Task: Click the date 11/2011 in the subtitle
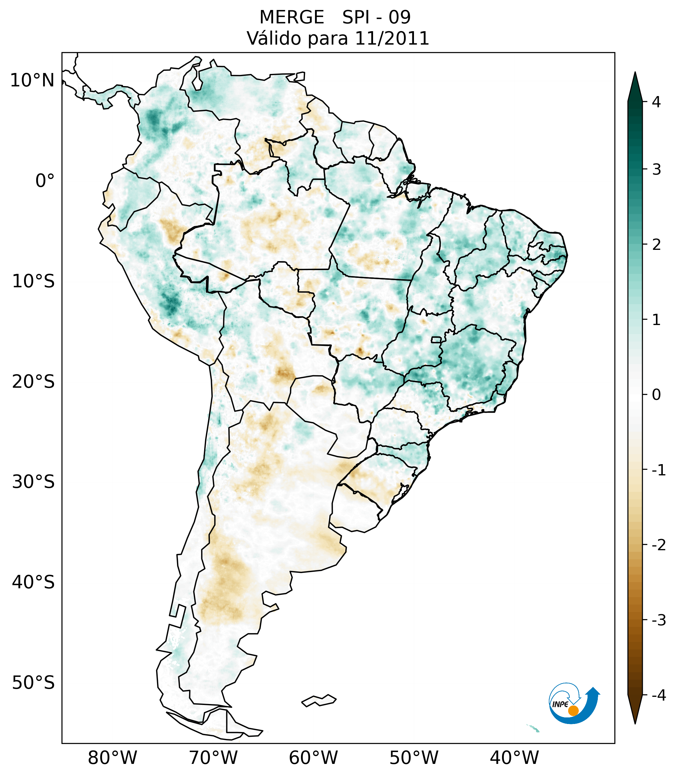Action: (392, 38)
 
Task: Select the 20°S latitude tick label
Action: (33, 382)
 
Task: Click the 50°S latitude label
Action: (33, 683)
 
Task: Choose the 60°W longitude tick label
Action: (313, 758)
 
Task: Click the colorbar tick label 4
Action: (656, 102)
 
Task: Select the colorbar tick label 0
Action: (656, 395)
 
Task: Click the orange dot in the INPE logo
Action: (573, 711)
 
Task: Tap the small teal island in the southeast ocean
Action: (533, 728)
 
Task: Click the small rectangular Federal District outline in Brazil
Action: (436, 339)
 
